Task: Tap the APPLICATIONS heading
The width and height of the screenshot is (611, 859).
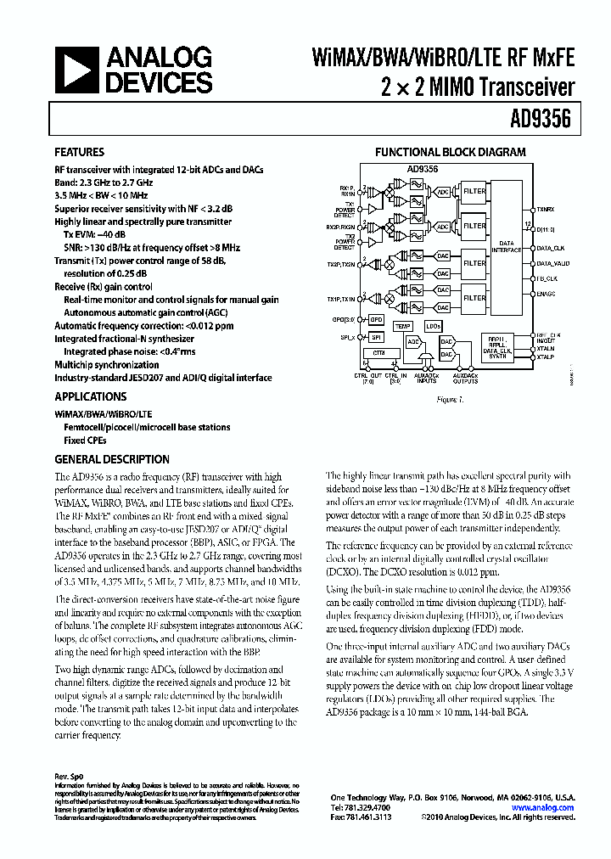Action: [x=91, y=396]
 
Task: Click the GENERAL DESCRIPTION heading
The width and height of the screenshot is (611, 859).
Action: [x=112, y=459]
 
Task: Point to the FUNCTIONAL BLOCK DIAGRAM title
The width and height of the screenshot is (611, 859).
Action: [x=451, y=153]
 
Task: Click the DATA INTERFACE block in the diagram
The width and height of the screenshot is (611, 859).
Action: [x=507, y=245]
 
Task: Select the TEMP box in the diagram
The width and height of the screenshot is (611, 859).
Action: [x=403, y=325]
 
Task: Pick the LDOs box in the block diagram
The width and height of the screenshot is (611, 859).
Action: [x=434, y=325]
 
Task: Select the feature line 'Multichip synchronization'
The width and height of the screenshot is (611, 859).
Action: [x=106, y=364]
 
